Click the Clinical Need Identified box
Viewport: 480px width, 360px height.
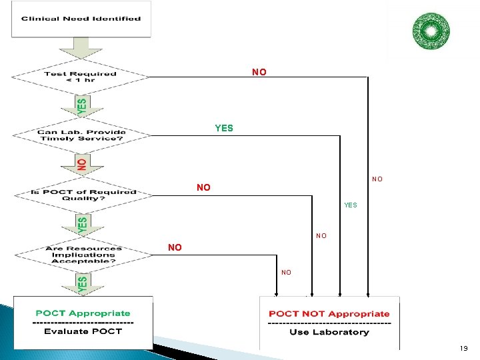(x=81, y=19)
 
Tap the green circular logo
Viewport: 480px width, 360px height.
(x=431, y=31)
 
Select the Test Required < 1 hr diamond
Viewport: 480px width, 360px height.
(x=80, y=77)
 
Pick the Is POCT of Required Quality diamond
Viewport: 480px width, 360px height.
(x=83, y=195)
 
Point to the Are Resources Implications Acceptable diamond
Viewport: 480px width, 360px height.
(x=83, y=254)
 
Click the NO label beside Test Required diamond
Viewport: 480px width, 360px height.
(x=259, y=72)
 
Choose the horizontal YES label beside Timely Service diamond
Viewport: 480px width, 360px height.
(x=224, y=128)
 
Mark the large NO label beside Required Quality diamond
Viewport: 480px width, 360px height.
(x=203, y=188)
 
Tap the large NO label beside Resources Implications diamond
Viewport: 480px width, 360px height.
(x=175, y=248)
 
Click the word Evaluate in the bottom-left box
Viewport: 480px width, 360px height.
(x=66, y=331)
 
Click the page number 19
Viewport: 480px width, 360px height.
(x=463, y=348)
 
